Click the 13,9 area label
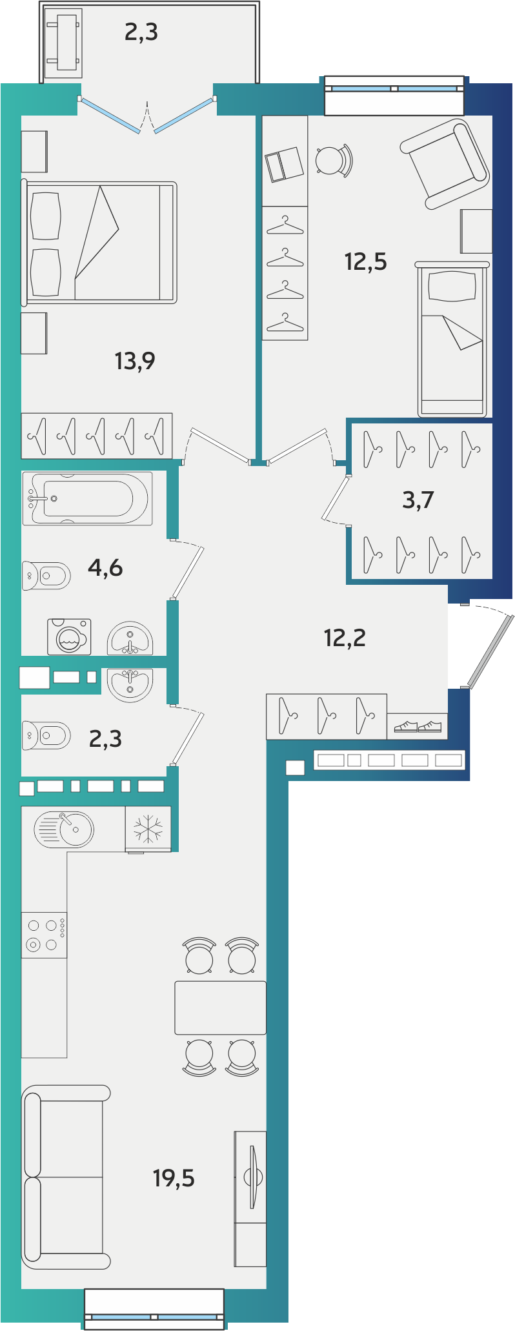click(135, 361)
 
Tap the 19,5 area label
click(174, 1178)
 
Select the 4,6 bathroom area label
click(105, 567)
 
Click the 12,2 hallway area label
click(345, 638)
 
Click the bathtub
click(88, 498)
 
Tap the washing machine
click(69, 637)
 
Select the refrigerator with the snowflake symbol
click(148, 829)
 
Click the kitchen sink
click(64, 829)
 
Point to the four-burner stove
click(44, 935)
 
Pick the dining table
click(221, 1008)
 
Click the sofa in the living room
click(65, 1177)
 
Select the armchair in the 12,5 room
click(445, 163)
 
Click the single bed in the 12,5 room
click(452, 340)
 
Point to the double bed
click(99, 243)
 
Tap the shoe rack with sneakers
click(418, 726)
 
